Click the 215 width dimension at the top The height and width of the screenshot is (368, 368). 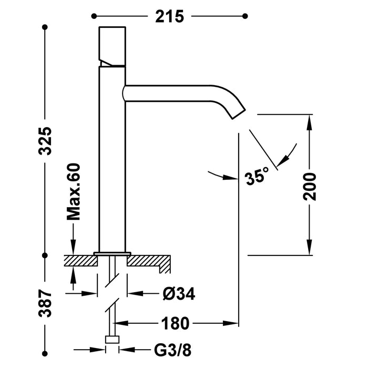coord(169,16)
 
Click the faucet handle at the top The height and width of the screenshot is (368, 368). coord(112,46)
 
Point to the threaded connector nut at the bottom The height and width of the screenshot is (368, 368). coord(112,340)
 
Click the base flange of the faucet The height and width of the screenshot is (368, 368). coord(112,254)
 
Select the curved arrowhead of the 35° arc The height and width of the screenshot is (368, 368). coord(286,155)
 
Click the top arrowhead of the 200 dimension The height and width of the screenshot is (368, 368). coord(310,122)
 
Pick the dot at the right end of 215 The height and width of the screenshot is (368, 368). coord(244,16)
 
